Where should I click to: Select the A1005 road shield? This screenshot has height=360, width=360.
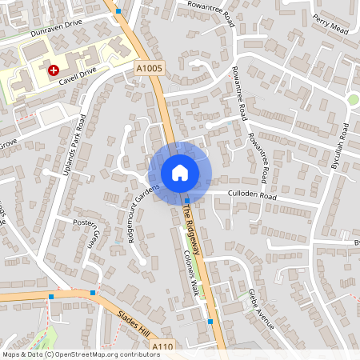[149, 69]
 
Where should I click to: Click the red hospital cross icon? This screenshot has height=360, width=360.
[54, 70]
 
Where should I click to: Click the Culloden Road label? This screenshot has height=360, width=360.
[251, 194]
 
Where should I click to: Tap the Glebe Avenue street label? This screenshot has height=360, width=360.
[261, 308]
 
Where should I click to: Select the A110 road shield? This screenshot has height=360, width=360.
[163, 346]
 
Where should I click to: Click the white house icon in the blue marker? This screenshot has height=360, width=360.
[179, 173]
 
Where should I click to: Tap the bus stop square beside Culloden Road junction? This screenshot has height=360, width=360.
[186, 200]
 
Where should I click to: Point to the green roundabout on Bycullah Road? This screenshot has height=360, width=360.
[352, 100]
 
